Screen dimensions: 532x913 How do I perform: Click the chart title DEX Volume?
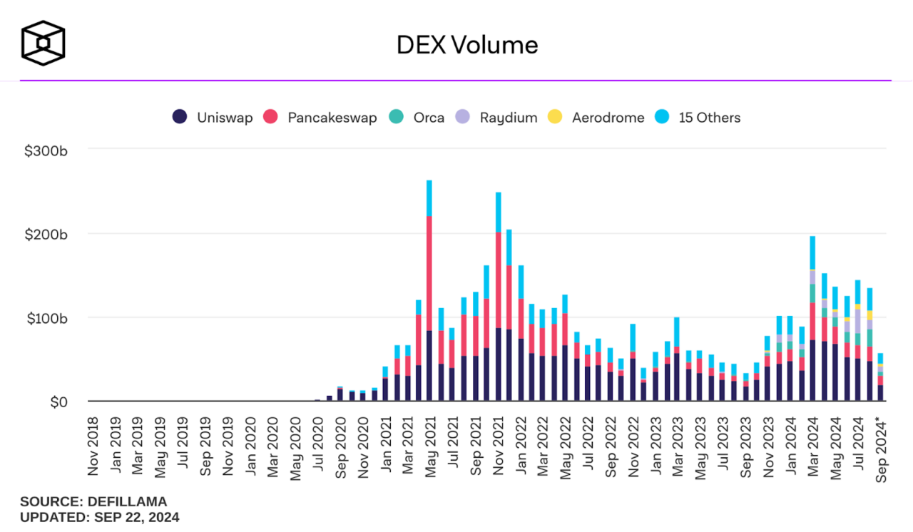coord(467,45)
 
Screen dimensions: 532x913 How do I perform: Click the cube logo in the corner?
coord(43,42)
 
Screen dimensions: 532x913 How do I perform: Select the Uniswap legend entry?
coord(213,118)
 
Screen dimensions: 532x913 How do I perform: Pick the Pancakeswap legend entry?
coord(320,118)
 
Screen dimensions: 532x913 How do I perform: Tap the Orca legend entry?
coord(417,118)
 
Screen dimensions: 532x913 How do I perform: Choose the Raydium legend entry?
coord(497,118)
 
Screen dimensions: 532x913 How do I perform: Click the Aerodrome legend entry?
coord(596,118)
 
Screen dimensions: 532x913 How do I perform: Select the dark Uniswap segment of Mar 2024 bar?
coord(812,371)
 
